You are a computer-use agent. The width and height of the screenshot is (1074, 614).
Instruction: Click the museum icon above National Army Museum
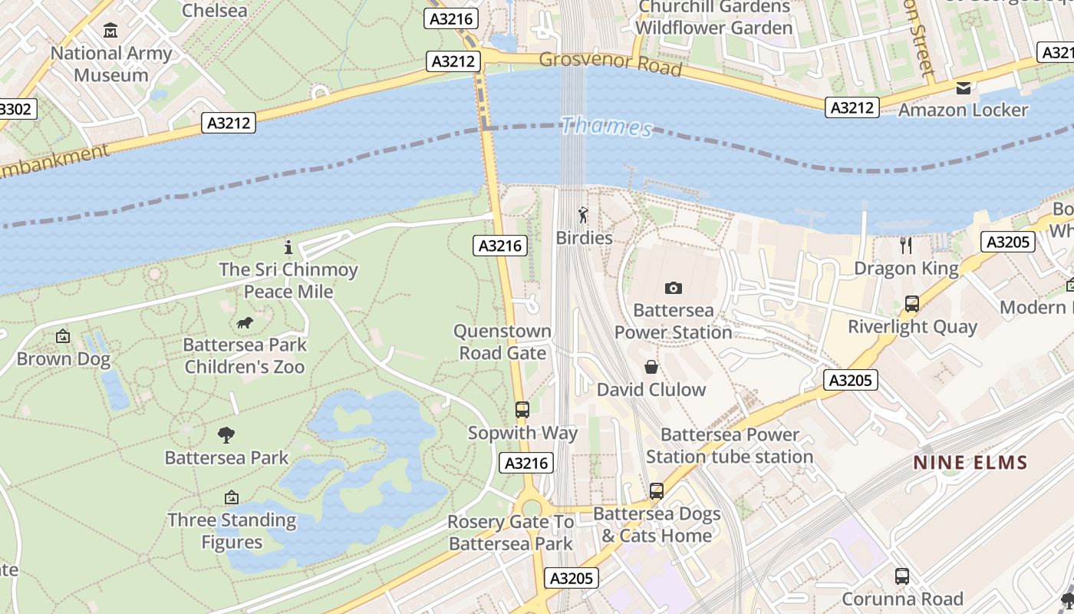click(x=110, y=31)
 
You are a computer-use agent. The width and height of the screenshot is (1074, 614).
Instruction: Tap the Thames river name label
click(x=606, y=126)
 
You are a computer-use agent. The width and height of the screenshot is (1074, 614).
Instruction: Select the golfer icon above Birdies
click(x=583, y=216)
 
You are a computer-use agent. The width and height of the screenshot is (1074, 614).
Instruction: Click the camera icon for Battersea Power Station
click(x=674, y=288)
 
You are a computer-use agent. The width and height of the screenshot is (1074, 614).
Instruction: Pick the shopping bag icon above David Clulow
click(x=651, y=368)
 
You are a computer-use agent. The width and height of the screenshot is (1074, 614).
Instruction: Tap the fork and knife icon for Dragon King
click(x=906, y=246)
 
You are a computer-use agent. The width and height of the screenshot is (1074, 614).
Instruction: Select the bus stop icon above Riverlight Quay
click(x=911, y=304)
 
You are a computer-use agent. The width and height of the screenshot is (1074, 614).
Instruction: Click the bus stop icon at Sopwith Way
click(x=522, y=410)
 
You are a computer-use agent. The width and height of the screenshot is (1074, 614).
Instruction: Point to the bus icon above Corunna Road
click(x=902, y=576)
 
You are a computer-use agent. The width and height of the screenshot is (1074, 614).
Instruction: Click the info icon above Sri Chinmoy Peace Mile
click(x=288, y=247)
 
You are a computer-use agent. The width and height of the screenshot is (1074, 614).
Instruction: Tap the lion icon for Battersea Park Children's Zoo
click(x=245, y=323)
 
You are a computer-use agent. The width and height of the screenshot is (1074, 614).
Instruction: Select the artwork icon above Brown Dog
click(x=63, y=336)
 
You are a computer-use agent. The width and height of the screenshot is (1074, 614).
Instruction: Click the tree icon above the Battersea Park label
click(x=226, y=435)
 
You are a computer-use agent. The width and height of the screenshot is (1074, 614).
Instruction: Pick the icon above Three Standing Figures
click(x=232, y=498)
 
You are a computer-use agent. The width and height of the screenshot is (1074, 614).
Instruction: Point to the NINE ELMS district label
click(x=970, y=463)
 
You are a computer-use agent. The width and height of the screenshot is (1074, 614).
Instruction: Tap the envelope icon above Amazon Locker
click(x=963, y=88)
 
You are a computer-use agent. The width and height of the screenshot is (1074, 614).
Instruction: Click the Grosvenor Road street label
click(x=610, y=64)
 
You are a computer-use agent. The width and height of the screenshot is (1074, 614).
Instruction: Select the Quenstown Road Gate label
click(x=502, y=342)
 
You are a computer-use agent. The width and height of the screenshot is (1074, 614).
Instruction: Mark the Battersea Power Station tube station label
click(x=729, y=446)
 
